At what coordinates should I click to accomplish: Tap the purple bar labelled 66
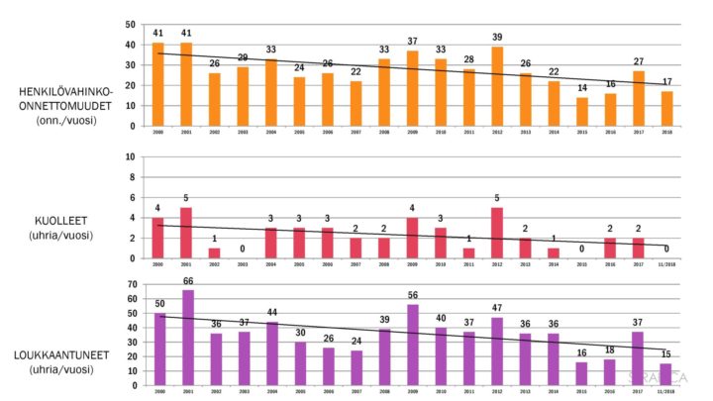pyautogui.click(x=186, y=337)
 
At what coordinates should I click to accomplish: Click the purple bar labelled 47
pyautogui.click(x=498, y=351)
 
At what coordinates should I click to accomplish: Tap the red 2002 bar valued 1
pyautogui.click(x=214, y=252)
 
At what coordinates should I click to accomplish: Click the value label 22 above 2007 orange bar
pyautogui.click(x=356, y=72)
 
